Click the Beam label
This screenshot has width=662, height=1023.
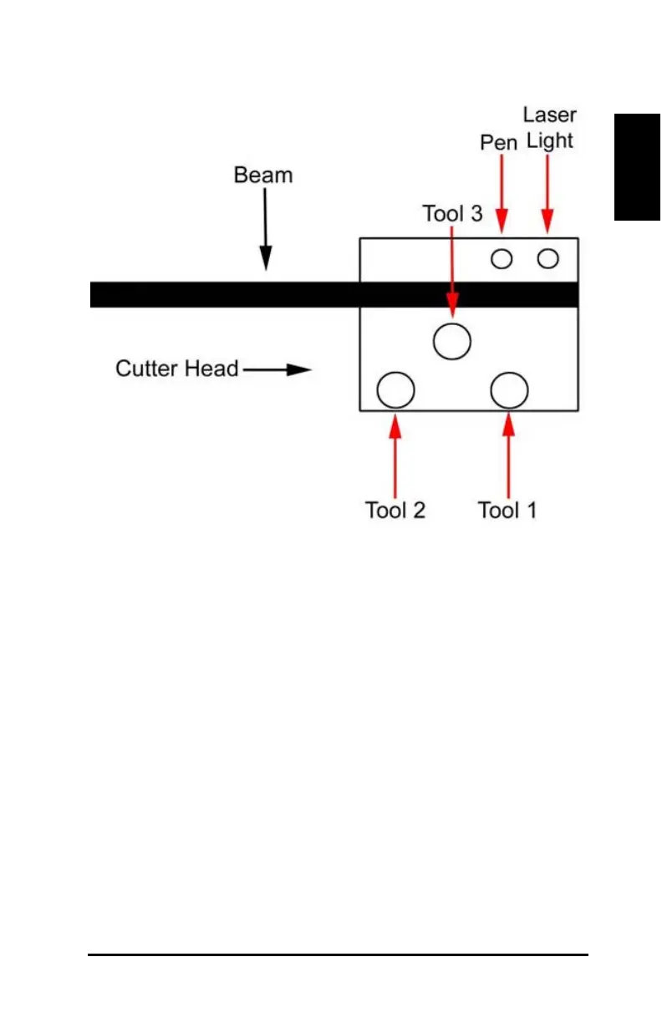pyautogui.click(x=263, y=176)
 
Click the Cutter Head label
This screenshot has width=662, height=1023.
pyautogui.click(x=177, y=369)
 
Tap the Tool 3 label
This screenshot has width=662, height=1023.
pyautogui.click(x=452, y=214)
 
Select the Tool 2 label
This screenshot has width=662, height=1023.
pyautogui.click(x=395, y=510)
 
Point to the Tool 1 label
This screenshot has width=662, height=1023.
pyautogui.click(x=507, y=510)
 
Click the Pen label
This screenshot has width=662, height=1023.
pyautogui.click(x=498, y=143)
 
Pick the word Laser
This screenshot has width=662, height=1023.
pyautogui.click(x=549, y=115)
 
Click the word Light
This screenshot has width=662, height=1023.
pyautogui.click(x=549, y=140)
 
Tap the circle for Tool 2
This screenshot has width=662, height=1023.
pyautogui.click(x=396, y=389)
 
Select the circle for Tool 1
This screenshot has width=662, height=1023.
pyautogui.click(x=509, y=389)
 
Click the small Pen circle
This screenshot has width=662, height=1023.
pyautogui.click(x=502, y=259)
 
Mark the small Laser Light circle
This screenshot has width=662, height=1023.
pyautogui.click(x=547, y=259)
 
